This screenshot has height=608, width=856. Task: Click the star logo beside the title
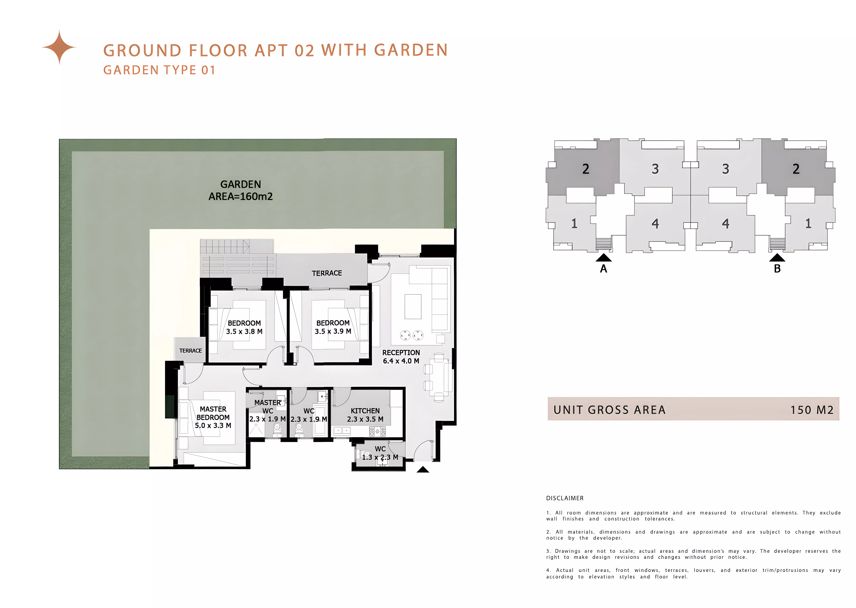59,47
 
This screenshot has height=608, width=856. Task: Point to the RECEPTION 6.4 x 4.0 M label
401,357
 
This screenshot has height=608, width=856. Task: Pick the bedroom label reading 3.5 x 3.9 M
333,327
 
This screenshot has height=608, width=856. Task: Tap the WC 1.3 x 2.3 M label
380,453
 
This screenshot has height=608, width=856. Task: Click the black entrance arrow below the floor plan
423,470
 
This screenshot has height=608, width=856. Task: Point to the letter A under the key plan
603,268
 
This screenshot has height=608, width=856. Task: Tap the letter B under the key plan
777,268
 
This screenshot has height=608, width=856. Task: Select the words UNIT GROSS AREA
609,410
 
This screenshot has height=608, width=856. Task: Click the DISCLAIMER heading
565,498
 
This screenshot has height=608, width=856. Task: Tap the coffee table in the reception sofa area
413,306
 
